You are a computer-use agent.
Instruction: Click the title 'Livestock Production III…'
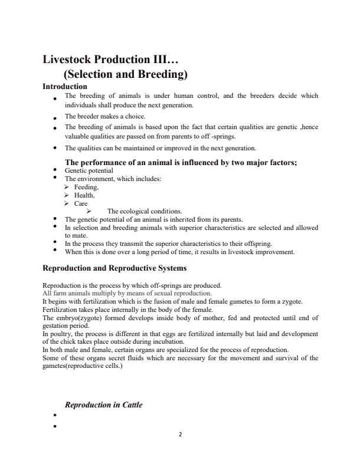pos(110,60)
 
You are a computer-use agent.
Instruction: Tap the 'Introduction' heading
pos(65,87)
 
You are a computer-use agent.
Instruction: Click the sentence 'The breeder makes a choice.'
pos(105,117)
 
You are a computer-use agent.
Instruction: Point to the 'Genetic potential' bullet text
pos(89,170)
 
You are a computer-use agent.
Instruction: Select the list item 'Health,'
pos(84,195)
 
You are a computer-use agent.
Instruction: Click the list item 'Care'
pos(81,203)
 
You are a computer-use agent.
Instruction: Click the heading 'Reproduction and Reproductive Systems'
pos(115,268)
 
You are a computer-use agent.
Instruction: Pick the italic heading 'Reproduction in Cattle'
pos(104,405)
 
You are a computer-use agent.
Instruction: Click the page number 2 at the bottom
pos(180,434)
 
